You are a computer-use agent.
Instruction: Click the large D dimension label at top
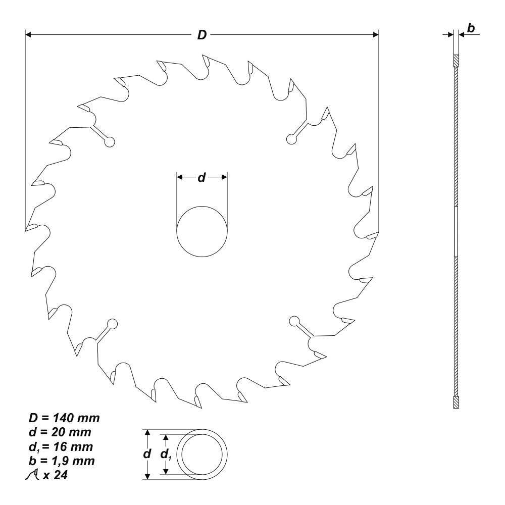point(201,35)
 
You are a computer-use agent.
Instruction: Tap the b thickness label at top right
point(470,29)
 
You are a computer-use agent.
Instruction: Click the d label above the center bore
point(201,177)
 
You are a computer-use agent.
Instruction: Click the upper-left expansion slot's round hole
point(109,142)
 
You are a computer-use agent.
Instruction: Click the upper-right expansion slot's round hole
point(291,138)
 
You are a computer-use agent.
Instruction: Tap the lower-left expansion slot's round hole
point(112,324)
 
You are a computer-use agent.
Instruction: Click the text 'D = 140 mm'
point(63,418)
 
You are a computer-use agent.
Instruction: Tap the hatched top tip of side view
point(456,61)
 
